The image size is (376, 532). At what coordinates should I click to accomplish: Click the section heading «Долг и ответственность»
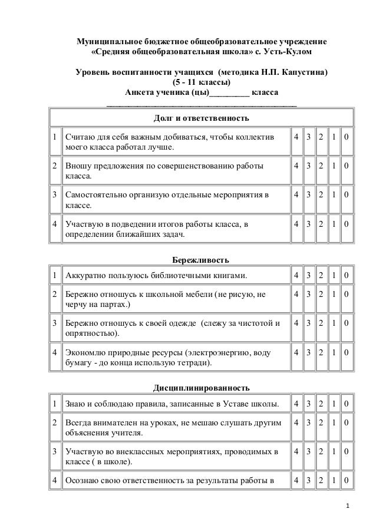pyautogui.click(x=201, y=118)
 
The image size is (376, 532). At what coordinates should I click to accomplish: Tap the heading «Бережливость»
pyautogui.click(x=200, y=260)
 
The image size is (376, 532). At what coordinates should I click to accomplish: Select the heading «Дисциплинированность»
pyautogui.click(x=201, y=388)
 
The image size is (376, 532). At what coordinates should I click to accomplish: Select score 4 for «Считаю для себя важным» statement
pyautogui.click(x=297, y=137)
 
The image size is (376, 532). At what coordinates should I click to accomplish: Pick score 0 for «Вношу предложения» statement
pyautogui.click(x=347, y=166)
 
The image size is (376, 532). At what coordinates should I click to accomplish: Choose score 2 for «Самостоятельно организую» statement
pyautogui.click(x=322, y=194)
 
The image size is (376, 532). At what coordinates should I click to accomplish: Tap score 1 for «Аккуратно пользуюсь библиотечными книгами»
pyautogui.click(x=334, y=276)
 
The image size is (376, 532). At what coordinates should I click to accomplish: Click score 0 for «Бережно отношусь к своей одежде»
pyautogui.click(x=347, y=323)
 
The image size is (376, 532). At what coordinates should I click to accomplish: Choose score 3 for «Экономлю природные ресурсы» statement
pyautogui.click(x=309, y=352)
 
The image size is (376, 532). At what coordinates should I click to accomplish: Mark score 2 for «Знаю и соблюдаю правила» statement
pyautogui.click(x=322, y=404)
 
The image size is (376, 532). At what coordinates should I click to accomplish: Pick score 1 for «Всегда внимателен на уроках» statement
pyautogui.click(x=334, y=422)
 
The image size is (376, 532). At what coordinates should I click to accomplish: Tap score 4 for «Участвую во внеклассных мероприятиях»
pyautogui.click(x=297, y=452)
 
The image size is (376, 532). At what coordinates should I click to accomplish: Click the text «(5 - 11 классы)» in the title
pyautogui.click(x=201, y=82)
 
